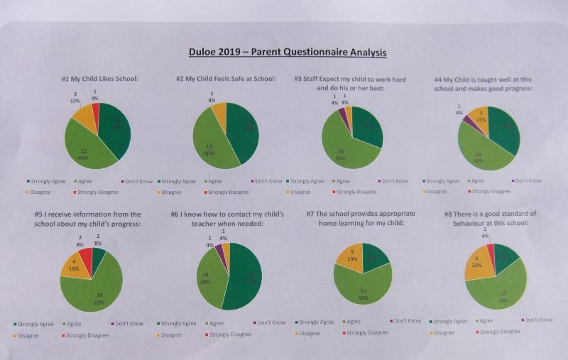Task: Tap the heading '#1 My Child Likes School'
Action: (x=99, y=79)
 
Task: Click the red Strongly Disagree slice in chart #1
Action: (x=95, y=111)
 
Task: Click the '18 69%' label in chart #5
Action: (x=99, y=299)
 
